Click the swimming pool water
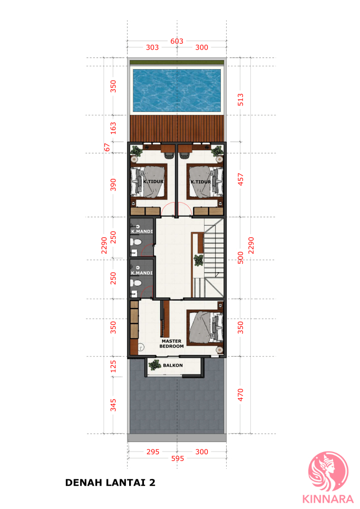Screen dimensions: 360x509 (177, 90)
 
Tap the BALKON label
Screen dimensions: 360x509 (172, 365)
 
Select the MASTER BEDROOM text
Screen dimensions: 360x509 (172, 343)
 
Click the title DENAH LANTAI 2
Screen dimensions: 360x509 (110, 483)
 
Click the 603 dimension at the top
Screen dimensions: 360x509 (177, 41)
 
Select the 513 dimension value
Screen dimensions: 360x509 (240, 100)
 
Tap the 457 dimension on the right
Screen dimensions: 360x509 (240, 179)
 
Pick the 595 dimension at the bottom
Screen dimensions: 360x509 (178, 458)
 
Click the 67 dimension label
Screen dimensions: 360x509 (107, 147)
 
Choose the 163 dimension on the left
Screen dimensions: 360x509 (113, 128)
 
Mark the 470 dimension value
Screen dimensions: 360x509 (240, 395)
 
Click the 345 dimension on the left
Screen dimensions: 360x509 (113, 405)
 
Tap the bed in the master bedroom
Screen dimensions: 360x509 (205, 327)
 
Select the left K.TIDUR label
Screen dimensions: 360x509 (153, 181)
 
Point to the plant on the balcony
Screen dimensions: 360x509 (155, 365)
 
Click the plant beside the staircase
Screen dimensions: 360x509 (199, 260)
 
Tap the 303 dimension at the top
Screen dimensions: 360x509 (152, 47)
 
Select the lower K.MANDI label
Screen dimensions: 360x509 (141, 273)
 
